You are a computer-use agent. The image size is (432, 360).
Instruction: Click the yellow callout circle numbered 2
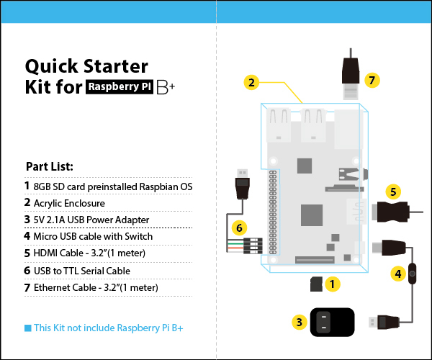tap(251, 82)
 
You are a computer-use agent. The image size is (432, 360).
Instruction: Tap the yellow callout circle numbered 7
tap(372, 80)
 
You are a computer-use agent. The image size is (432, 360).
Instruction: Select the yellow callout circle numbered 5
tap(392, 192)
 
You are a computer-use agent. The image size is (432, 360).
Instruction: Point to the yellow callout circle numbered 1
tap(332, 284)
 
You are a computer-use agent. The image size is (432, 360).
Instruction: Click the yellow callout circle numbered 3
tap(298, 322)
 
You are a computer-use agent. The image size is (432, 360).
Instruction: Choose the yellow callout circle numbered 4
tap(397, 274)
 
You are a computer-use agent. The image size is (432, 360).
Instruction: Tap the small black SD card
tap(315, 284)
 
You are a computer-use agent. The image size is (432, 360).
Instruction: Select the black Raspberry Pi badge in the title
tap(120, 89)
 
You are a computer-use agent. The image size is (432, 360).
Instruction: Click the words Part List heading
tap(50, 166)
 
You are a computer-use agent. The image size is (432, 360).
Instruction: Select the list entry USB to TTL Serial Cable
tap(81, 271)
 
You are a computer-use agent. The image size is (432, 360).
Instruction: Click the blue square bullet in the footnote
tap(27, 328)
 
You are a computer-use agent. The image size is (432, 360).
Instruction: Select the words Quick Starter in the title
tap(86, 67)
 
